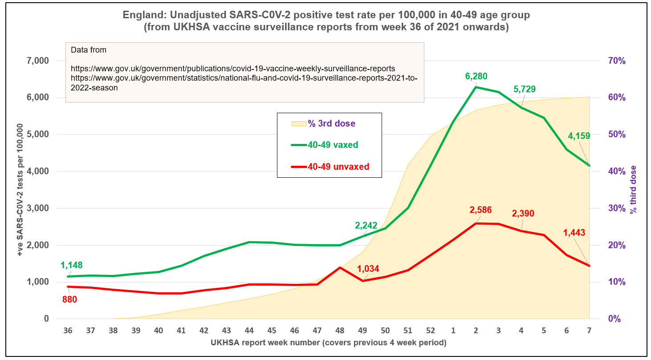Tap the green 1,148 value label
tap(72, 266)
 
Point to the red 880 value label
tap(69, 299)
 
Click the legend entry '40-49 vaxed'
tap(333, 145)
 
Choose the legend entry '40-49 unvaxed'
tap(338, 167)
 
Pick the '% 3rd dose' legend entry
tap(331, 123)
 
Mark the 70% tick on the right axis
tap(617, 61)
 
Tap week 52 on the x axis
tap(431, 331)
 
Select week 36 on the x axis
tap(68, 331)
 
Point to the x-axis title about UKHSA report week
tap(329, 343)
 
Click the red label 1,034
tap(368, 269)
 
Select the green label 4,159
tap(579, 135)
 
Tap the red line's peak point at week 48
tap(340, 267)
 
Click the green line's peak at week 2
tap(476, 87)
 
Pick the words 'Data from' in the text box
tap(89, 50)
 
